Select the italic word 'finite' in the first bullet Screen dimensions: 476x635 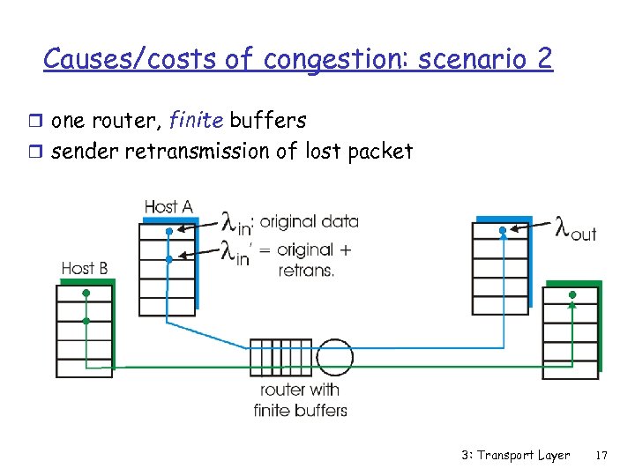(x=194, y=121)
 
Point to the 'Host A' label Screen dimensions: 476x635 (x=168, y=206)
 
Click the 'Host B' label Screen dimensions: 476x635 (x=85, y=268)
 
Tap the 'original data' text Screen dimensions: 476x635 (x=310, y=221)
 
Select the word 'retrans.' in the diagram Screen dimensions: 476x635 (x=306, y=270)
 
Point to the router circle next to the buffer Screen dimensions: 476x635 (x=334, y=357)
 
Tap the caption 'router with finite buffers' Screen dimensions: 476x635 (x=300, y=399)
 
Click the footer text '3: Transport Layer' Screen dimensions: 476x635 (x=515, y=456)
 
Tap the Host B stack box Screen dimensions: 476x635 (x=85, y=330)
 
